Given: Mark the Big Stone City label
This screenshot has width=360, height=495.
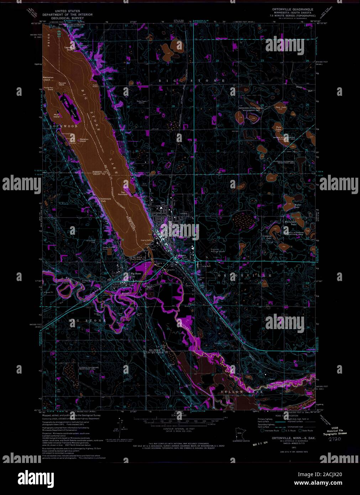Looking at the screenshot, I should click(x=132, y=275).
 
